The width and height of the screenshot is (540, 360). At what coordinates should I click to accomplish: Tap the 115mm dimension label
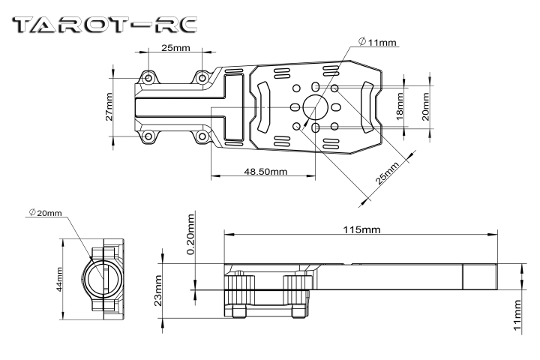(x=359, y=228)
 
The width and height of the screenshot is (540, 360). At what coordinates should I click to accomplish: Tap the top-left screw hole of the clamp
(x=149, y=78)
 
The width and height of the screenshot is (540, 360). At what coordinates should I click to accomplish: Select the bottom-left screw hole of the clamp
(x=149, y=136)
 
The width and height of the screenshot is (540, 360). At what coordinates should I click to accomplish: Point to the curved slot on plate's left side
(x=263, y=106)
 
